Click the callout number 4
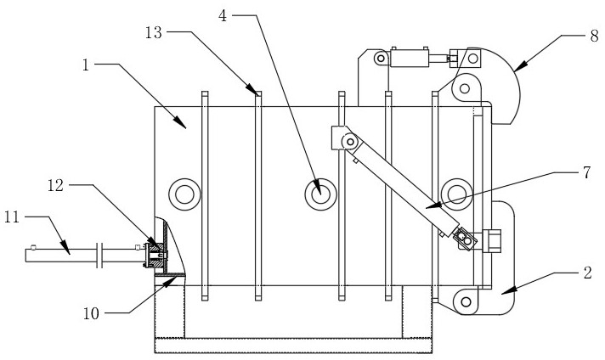[223, 16]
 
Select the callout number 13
[154, 32]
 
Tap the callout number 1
[86, 65]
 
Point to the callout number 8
[595, 37]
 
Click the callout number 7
[587, 172]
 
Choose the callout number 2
[588, 273]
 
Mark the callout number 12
[55, 185]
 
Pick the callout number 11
[12, 217]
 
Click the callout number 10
[92, 314]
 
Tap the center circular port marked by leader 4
[320, 194]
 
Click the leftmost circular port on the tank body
[184, 194]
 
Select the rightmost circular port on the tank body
[457, 194]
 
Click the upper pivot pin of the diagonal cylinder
[350, 142]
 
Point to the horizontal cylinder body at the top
[410, 59]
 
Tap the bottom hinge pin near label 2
[466, 301]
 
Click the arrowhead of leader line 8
[519, 67]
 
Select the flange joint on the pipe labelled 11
[99, 255]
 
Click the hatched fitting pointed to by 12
[155, 254]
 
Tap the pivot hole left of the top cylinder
[381, 59]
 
